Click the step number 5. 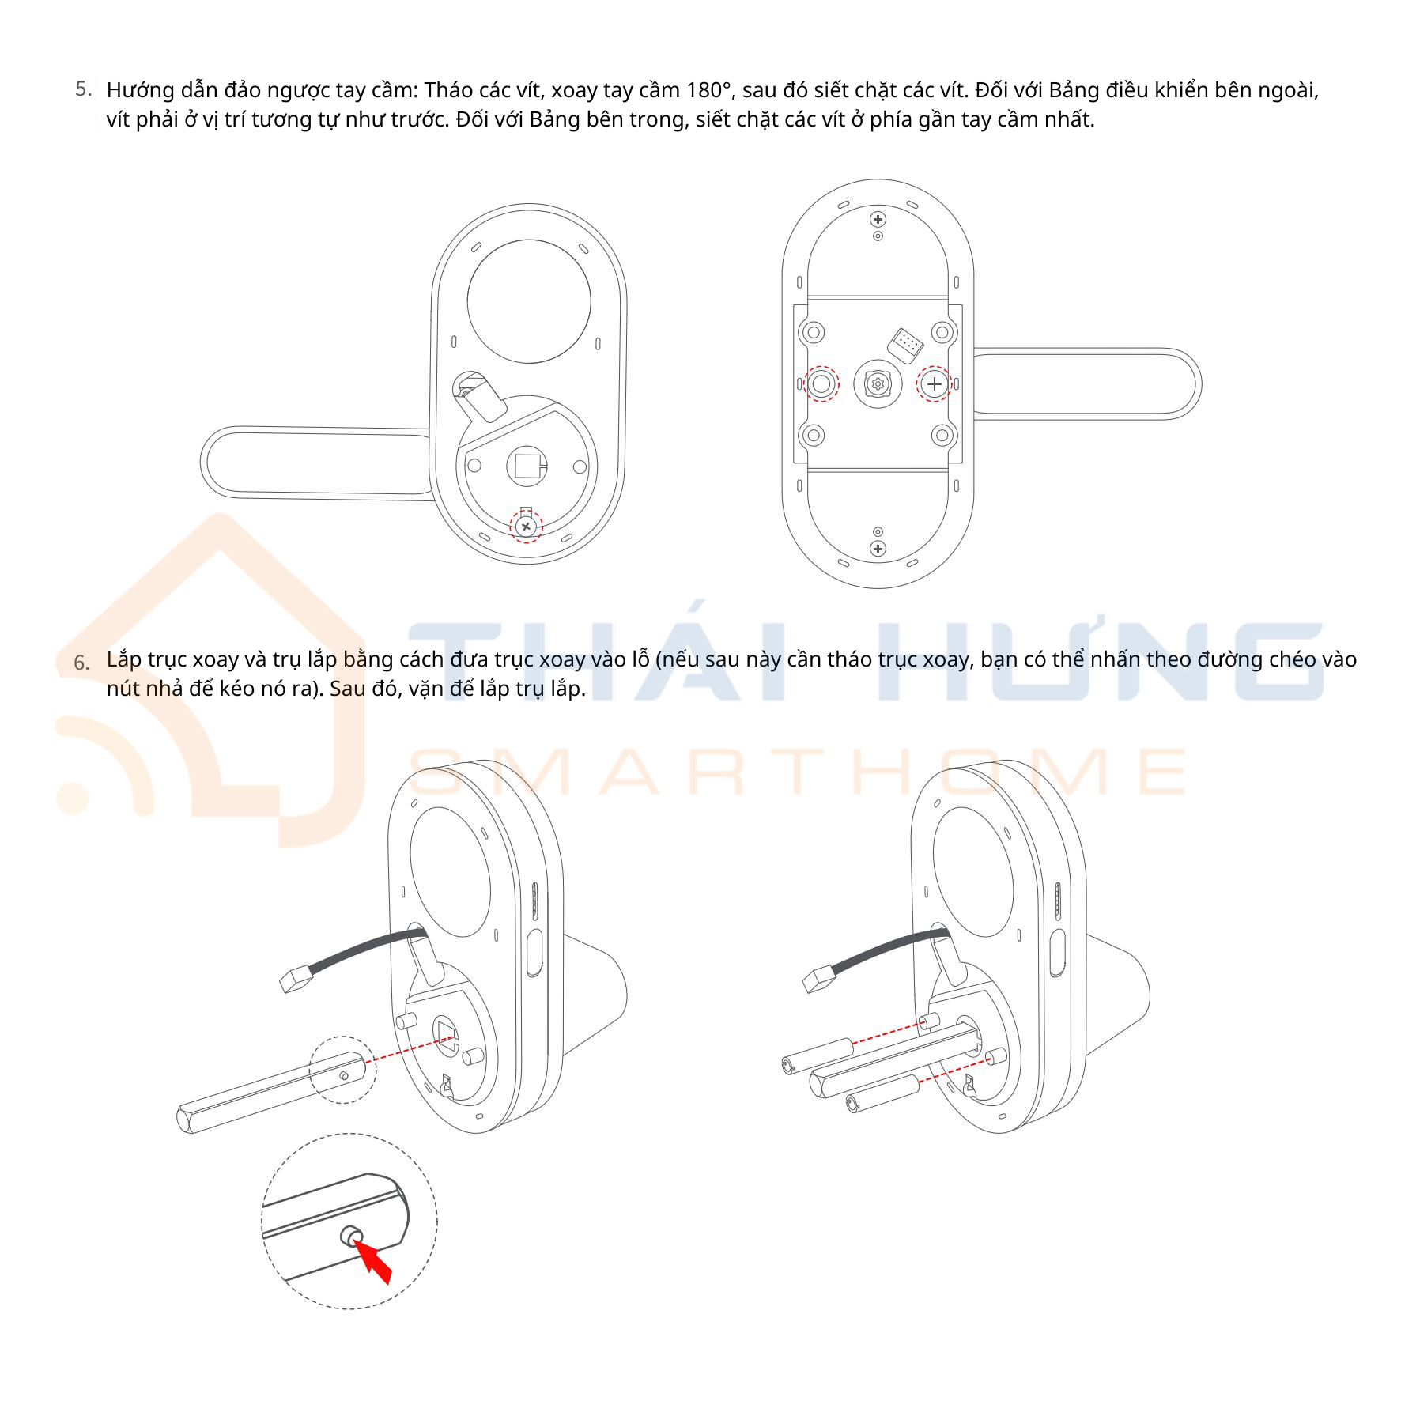coord(83,89)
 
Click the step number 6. coord(81,663)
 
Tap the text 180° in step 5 coord(711,90)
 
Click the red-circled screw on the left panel coord(527,526)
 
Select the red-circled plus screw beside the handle coord(935,384)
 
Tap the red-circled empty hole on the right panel coord(821,384)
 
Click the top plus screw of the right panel coord(878,219)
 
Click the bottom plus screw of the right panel coord(878,548)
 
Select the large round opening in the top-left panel coord(529,301)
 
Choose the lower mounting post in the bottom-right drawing coord(882,1094)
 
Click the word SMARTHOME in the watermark coord(799,771)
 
